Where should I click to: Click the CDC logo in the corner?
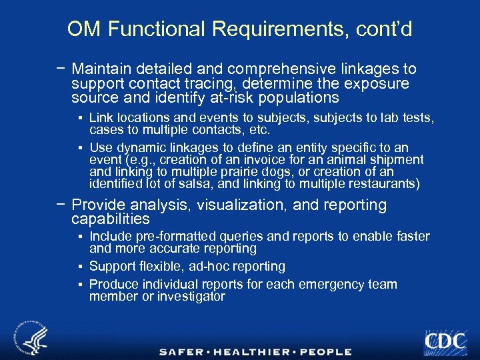(x=445, y=341)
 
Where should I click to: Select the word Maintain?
(x=101, y=69)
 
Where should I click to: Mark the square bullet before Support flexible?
(x=79, y=267)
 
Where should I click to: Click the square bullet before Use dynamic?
(x=79, y=148)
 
